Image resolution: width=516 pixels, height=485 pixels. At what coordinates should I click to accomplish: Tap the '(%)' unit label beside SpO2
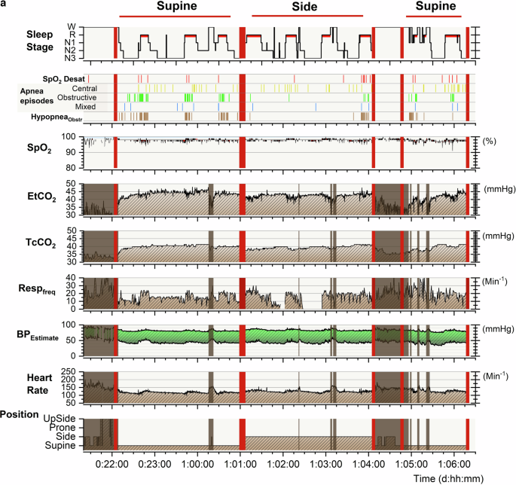tap(491, 139)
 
